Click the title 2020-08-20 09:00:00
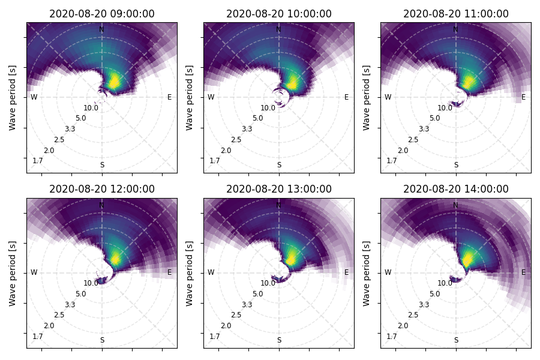point(102,14)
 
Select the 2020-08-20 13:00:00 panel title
point(279,189)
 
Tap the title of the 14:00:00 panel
point(456,189)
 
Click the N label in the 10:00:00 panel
point(278,29)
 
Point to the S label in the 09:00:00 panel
point(102,165)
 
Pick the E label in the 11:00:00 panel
point(523,97)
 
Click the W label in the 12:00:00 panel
point(34,272)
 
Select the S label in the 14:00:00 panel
point(457,340)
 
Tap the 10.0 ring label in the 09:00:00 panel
point(91,108)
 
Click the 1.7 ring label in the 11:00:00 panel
point(392,161)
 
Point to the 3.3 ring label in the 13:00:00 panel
point(247,305)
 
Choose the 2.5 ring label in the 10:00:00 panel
point(236,140)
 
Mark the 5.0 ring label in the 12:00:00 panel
point(80,294)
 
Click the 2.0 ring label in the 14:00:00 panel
point(403,326)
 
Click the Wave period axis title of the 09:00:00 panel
point(13,98)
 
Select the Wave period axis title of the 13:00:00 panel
point(190,274)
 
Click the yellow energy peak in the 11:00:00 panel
point(469,82)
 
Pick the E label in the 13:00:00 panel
point(346,272)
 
